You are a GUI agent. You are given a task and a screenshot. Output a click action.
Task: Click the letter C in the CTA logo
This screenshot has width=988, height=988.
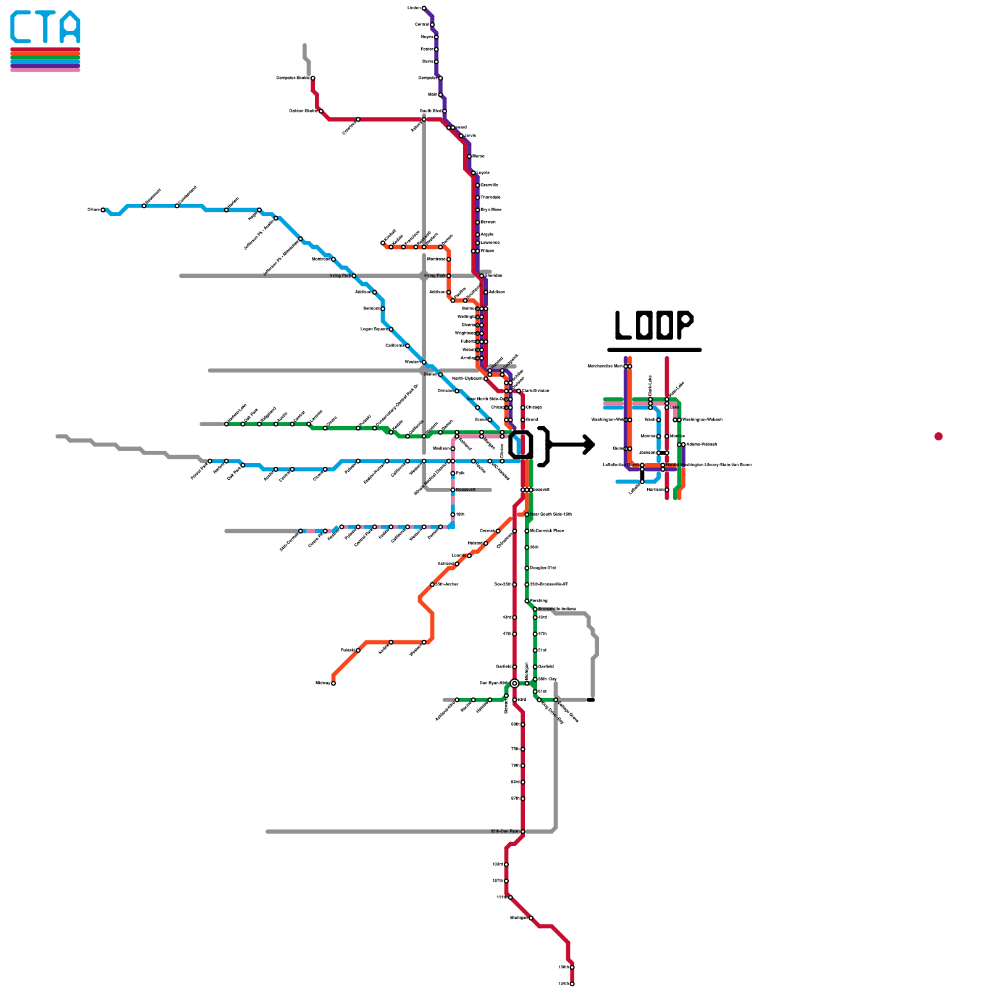tap(21, 27)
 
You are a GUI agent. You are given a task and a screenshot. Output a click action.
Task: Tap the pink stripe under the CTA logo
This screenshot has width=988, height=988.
tap(45, 70)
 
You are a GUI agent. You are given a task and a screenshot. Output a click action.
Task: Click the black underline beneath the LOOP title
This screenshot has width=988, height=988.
tap(654, 350)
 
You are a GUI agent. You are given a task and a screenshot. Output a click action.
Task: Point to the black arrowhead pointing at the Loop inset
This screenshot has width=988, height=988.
tap(589, 444)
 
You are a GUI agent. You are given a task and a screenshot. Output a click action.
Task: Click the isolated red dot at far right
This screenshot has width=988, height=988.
tap(939, 437)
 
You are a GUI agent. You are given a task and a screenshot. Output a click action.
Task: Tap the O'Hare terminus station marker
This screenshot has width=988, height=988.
tap(103, 210)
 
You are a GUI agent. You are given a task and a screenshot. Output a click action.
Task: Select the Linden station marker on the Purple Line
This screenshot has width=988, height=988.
tap(424, 8)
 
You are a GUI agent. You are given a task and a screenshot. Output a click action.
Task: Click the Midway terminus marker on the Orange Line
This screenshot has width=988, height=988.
tap(333, 683)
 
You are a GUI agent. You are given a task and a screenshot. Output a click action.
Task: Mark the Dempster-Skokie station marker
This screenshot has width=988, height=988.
tap(313, 78)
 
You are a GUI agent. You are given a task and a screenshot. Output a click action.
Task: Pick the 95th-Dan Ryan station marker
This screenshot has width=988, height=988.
tap(522, 831)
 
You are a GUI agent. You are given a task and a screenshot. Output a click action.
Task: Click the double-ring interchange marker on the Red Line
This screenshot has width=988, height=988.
tap(514, 683)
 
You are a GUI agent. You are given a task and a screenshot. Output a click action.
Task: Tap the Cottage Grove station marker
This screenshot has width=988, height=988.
tap(556, 700)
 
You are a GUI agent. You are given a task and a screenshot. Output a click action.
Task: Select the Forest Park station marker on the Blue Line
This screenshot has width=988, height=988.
tap(210, 461)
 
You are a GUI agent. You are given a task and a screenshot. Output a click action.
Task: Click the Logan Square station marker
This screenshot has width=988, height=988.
tap(391, 329)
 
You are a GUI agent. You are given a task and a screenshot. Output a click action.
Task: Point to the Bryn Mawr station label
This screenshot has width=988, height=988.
tap(491, 210)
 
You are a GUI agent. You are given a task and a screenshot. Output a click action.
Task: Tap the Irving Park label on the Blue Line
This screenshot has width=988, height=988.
tap(340, 275)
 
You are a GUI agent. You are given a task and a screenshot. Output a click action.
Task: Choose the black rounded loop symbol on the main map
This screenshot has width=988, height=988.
tap(521, 445)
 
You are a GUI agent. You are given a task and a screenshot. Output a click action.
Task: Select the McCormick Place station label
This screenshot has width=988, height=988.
tap(546, 531)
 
